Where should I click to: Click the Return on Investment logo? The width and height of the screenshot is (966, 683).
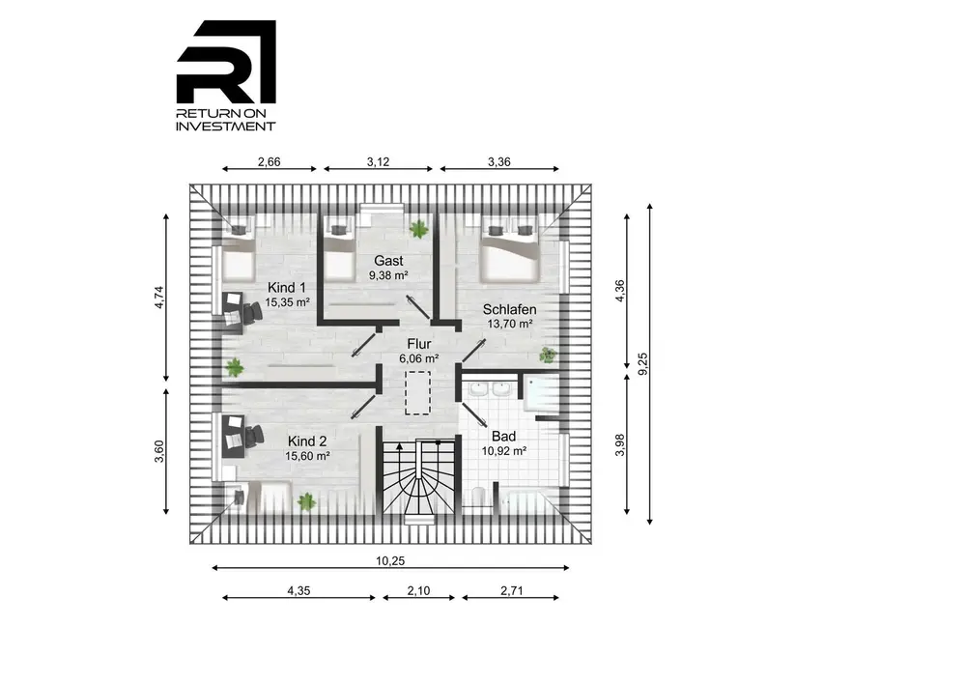coord(226,75)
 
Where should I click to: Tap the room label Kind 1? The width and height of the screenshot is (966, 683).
coord(287,288)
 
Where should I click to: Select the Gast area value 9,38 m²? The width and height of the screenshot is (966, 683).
coord(388,275)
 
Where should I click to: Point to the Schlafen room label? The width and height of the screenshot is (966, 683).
coord(509,310)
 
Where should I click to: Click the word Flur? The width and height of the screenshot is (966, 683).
coord(419,344)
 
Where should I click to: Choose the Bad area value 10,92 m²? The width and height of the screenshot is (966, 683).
coord(504,451)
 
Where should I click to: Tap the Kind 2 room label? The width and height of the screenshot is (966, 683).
coord(307,441)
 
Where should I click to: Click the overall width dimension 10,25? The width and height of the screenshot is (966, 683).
coord(390,561)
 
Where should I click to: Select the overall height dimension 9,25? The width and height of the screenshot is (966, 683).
coord(642,363)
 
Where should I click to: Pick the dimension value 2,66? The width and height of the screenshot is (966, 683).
coord(270,162)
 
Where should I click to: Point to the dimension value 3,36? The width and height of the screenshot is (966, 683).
coord(499,162)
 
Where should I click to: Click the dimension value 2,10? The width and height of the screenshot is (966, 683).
coord(419,590)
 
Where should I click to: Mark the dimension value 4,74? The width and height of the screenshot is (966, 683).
coord(159,298)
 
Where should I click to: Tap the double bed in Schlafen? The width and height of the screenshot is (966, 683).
coord(510,249)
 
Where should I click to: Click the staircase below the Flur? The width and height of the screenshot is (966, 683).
coord(419,476)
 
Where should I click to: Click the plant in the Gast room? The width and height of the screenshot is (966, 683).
coord(419,229)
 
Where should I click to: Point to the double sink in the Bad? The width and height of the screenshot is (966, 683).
coord(489,390)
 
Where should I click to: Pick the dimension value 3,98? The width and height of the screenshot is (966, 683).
coord(620,444)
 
